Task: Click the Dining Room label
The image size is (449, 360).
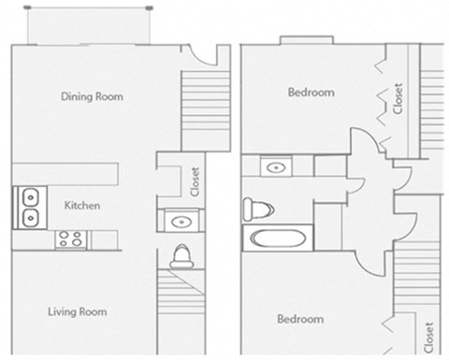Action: (x=92, y=96)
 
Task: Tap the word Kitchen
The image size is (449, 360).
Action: (x=82, y=205)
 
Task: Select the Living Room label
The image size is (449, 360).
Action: (x=77, y=311)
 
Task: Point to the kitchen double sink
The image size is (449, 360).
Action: (x=29, y=208)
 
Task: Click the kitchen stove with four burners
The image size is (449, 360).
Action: (x=69, y=238)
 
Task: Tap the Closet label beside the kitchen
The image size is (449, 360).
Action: (x=195, y=182)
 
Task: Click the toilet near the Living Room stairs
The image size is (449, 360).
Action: (x=182, y=255)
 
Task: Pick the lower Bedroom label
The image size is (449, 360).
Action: (x=300, y=319)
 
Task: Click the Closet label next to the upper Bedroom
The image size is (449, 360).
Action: (x=398, y=98)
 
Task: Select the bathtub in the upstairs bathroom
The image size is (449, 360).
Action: (x=277, y=238)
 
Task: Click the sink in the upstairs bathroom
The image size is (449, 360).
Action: (x=275, y=167)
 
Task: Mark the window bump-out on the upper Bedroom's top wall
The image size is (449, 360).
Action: (x=300, y=39)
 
